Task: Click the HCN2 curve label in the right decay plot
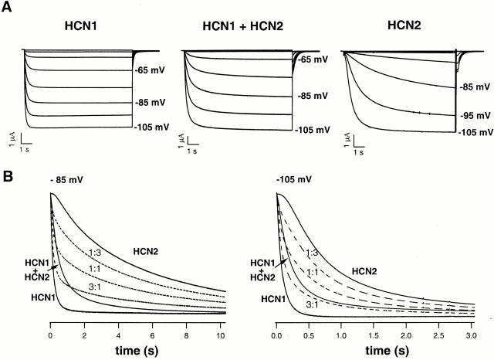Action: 366,272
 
